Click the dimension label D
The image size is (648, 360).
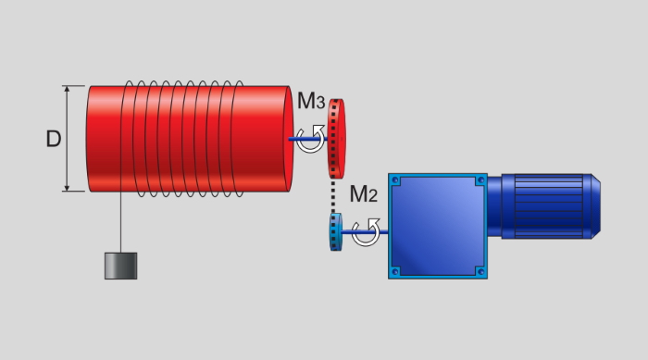[x=54, y=139]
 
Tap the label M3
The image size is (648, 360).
[x=311, y=101]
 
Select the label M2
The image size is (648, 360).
[x=363, y=193]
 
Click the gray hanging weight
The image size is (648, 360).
[x=120, y=266]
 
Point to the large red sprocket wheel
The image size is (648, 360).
[x=336, y=139]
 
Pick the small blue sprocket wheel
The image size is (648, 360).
[x=335, y=232]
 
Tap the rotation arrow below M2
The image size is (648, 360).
[x=366, y=232]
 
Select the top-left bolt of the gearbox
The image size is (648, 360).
[x=395, y=180]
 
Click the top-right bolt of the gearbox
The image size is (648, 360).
[x=480, y=180]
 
